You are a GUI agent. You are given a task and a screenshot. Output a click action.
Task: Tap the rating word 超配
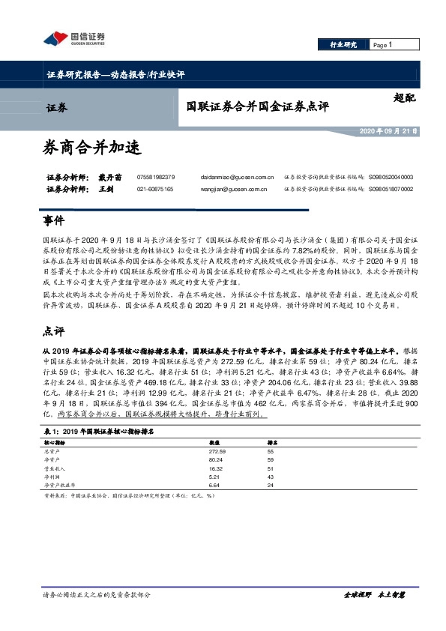click(404, 97)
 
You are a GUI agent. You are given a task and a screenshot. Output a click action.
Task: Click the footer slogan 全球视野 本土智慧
click(373, 615)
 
